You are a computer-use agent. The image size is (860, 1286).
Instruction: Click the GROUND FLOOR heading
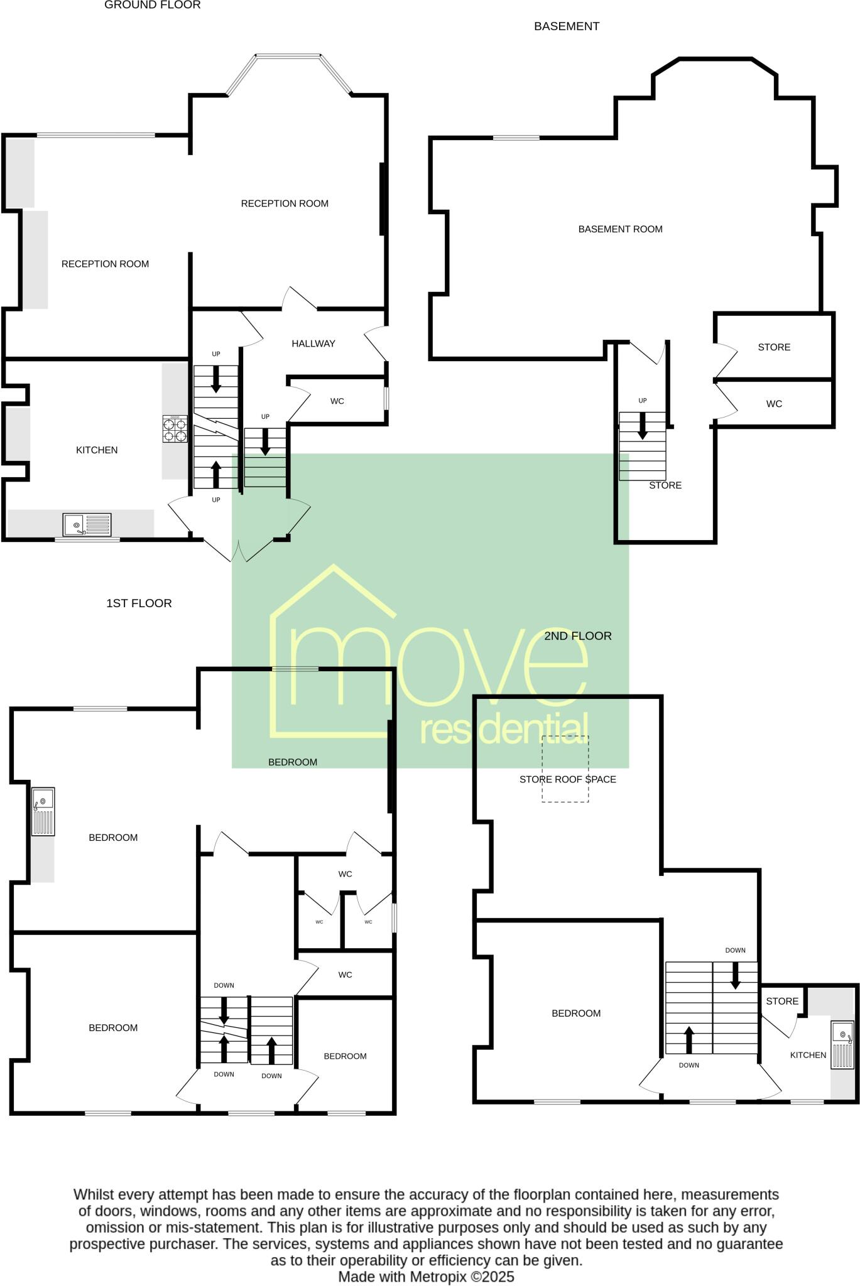click(x=152, y=5)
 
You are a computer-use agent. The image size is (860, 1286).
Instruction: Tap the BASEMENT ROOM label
click(x=620, y=229)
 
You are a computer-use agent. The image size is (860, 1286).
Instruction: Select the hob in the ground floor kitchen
click(x=175, y=429)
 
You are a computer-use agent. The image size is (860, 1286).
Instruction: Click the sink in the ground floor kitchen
click(x=87, y=524)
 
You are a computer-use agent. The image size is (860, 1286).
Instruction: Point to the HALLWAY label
click(x=313, y=343)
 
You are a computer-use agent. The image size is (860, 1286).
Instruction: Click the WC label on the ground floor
click(x=337, y=401)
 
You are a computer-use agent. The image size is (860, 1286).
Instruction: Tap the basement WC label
click(x=773, y=404)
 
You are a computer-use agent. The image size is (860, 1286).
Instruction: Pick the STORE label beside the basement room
click(x=773, y=347)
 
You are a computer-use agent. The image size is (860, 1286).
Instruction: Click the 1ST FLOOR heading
click(x=139, y=603)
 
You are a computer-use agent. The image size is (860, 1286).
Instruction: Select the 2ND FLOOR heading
click(x=577, y=636)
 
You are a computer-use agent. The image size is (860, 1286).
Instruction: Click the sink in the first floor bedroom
click(x=43, y=811)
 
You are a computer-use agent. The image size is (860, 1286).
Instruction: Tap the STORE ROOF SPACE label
click(x=567, y=779)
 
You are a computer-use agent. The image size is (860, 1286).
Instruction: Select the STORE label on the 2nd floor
click(x=781, y=1001)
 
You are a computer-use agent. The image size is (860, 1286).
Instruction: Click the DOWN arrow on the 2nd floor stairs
click(x=735, y=975)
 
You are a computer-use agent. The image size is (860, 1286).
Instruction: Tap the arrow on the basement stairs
click(x=642, y=426)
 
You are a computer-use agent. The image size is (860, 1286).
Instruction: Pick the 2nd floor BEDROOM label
click(x=575, y=1013)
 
